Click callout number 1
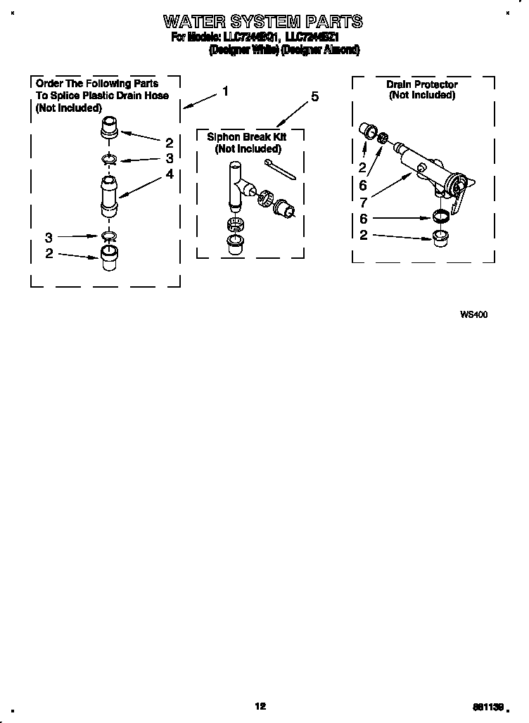225,91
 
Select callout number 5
314,97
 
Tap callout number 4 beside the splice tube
169,174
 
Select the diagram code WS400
473,314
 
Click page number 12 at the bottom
260,706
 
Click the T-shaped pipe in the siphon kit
236,184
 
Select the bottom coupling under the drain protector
440,235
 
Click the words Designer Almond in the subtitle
321,50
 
